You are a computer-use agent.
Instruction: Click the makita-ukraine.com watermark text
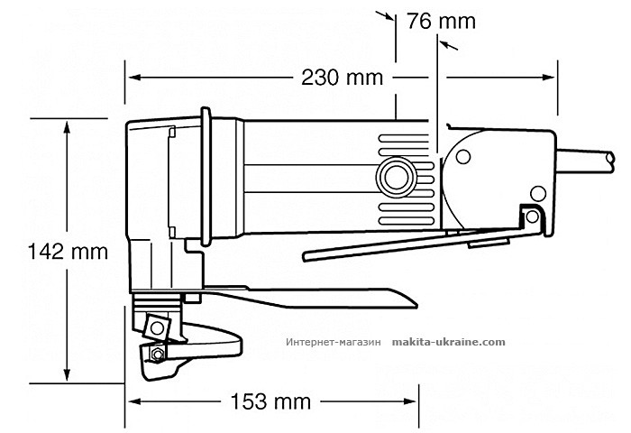point(448,344)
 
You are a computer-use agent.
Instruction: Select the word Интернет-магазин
point(334,344)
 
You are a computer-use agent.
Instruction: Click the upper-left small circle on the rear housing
point(462,157)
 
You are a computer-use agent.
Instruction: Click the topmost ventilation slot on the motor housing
point(407,137)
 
